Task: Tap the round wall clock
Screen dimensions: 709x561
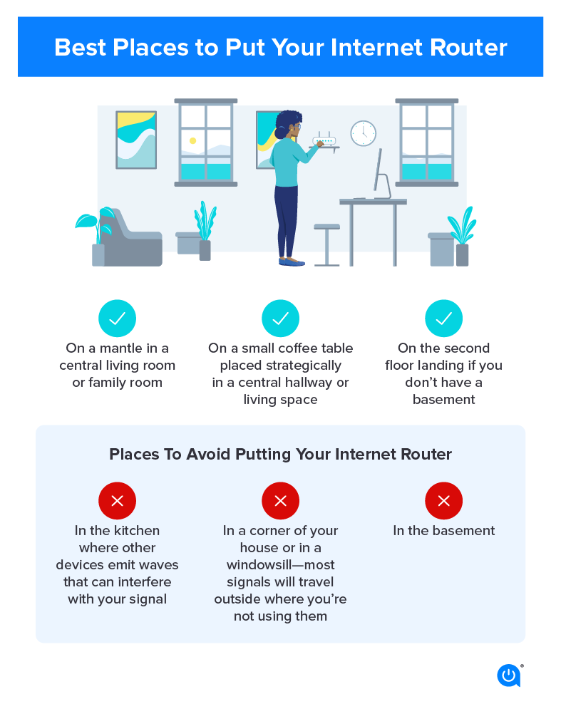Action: coord(363,133)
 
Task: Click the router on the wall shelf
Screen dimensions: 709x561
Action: coord(324,140)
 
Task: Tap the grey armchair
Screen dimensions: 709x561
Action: coord(133,239)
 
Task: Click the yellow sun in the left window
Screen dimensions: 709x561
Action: coord(192,141)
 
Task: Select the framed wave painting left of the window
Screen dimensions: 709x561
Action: coord(136,140)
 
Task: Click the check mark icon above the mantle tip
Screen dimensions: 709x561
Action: coord(117,319)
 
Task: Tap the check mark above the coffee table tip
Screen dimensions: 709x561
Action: coord(280,319)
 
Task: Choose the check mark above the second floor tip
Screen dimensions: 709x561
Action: coord(443,319)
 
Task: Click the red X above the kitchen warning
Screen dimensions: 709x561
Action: coord(117,501)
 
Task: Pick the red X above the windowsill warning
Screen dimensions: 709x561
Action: coord(280,501)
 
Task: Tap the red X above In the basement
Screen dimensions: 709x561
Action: coord(443,501)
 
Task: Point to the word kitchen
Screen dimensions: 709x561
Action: coord(137,530)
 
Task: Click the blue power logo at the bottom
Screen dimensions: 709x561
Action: coord(508,675)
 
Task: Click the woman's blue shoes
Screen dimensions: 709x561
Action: coord(292,262)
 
